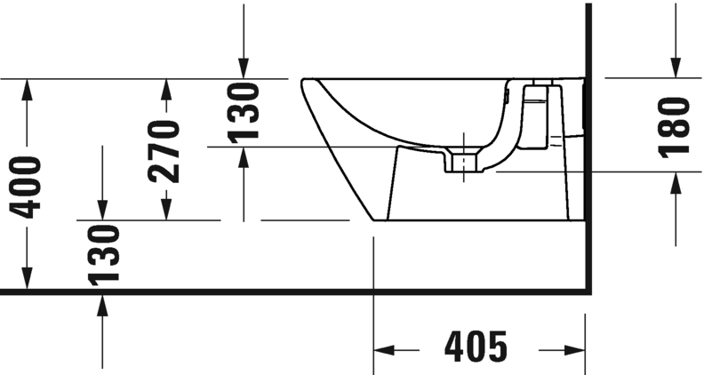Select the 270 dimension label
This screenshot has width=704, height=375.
coord(165,150)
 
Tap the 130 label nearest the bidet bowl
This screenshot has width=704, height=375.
coord(244,111)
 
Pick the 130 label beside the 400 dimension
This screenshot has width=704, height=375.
coord(104,254)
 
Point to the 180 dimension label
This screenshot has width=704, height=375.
coord(676,127)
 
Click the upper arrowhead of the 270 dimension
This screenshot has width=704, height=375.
coord(165,89)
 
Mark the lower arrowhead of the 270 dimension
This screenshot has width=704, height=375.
coord(165,209)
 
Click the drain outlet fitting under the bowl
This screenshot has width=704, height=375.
coord(462,164)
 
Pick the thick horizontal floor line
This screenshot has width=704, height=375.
coord(267,291)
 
